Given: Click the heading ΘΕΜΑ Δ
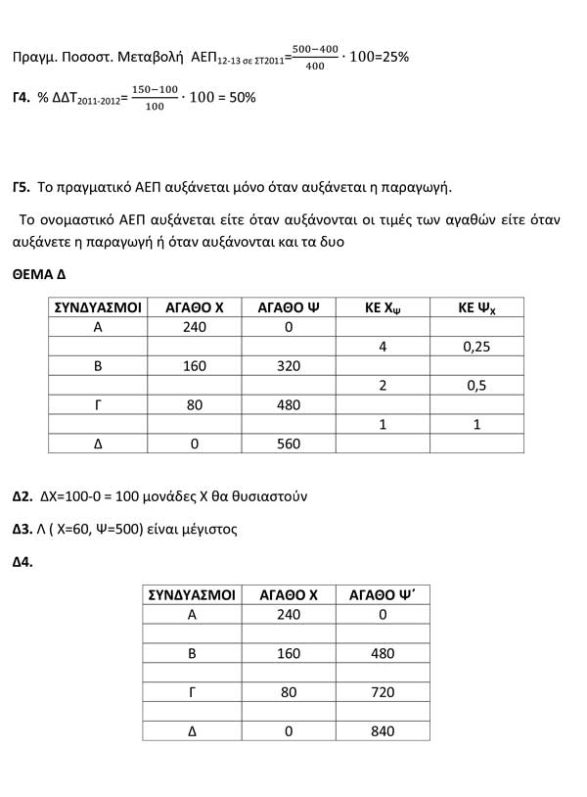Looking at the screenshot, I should click(39, 276).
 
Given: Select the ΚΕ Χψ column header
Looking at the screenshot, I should click(383, 307).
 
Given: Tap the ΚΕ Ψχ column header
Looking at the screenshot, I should click(476, 307).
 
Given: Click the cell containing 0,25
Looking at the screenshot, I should click(476, 347).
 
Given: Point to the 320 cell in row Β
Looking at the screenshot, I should click(289, 365).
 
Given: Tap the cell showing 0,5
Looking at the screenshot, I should click(476, 385).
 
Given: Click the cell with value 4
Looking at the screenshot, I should click(383, 347).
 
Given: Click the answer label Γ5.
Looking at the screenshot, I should click(22, 186).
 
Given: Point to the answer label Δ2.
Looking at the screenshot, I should click(23, 495).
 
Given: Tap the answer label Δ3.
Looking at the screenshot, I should click(23, 529).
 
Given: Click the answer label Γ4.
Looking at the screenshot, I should click(22, 100).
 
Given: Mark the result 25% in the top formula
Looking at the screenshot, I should click(394, 57).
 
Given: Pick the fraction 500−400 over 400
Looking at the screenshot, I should click(315, 56).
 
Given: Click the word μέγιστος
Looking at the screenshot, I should click(206, 529).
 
